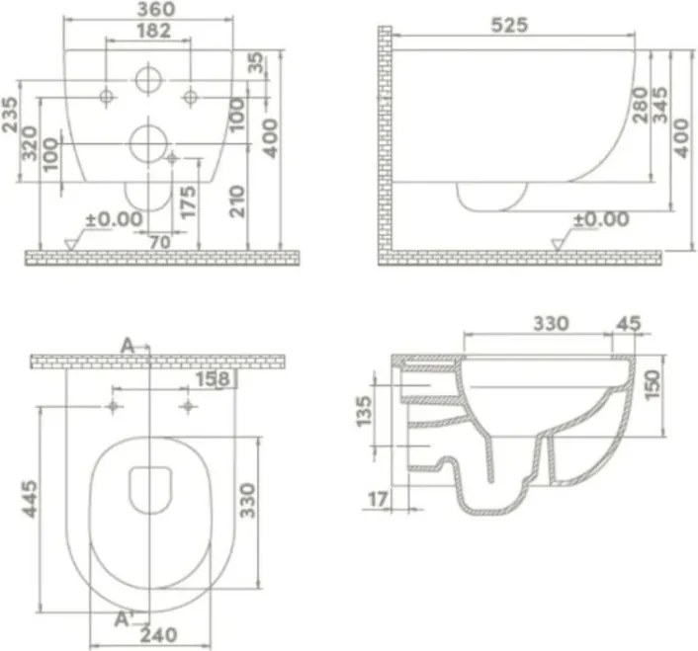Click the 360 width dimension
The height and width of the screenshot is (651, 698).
point(156,9)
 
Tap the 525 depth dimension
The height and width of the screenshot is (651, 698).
point(509,25)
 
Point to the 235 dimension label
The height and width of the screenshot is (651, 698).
point(10,115)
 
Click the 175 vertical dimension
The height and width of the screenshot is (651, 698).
point(188,203)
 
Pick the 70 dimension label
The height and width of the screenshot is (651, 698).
point(160,242)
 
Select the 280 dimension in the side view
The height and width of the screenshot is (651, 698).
point(640,105)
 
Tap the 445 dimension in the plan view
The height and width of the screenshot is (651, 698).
point(31,499)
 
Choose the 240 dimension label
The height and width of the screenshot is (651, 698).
point(158,635)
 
